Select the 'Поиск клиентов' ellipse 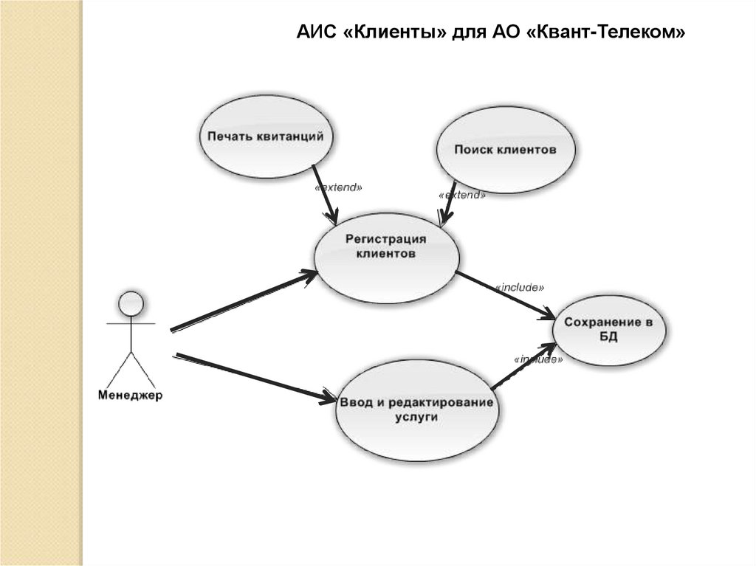pyautogui.click(x=505, y=150)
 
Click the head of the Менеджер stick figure pyautogui.click(x=131, y=303)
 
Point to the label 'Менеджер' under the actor pyautogui.click(x=130, y=396)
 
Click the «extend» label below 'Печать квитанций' pyautogui.click(x=338, y=188)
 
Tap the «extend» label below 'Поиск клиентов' pyautogui.click(x=462, y=196)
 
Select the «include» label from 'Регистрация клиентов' pyautogui.click(x=520, y=286)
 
